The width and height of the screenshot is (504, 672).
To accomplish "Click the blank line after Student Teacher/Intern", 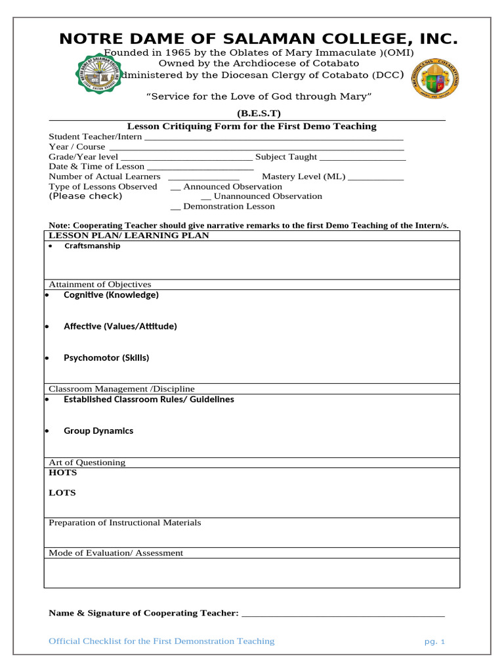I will point(273,138).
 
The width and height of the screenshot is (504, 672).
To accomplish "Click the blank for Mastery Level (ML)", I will point(375,178).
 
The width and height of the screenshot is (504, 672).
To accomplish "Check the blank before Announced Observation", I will point(175,188).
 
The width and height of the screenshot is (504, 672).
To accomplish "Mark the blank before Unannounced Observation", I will point(205,198).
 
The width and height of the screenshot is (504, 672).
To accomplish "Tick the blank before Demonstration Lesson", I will point(175,207).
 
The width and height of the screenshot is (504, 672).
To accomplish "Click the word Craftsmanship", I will point(92,246).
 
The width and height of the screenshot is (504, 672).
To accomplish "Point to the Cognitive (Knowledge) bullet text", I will point(111,295).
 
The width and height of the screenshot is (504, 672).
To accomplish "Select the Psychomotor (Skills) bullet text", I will point(106,358).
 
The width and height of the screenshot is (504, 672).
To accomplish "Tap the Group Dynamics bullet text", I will point(98,431).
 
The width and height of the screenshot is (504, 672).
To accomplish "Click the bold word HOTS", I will point(63,472).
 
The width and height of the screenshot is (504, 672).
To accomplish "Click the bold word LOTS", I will point(62,493).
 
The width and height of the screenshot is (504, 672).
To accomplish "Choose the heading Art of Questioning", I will point(87,463).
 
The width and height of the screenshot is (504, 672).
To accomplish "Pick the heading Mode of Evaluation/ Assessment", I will point(116,553).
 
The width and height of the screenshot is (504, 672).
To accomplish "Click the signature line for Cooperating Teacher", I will point(343,614).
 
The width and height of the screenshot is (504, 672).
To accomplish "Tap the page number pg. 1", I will point(434,642).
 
